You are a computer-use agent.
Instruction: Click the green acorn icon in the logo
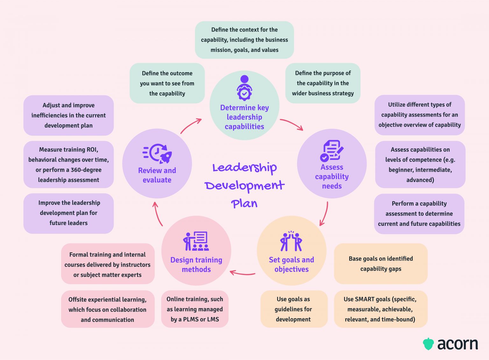click(428, 344)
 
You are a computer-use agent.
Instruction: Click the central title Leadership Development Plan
click(244, 185)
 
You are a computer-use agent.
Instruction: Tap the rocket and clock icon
click(157, 153)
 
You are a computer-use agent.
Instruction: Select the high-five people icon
click(291, 241)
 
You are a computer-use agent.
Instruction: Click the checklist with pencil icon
click(332, 150)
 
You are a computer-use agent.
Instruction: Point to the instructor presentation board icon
click(196, 241)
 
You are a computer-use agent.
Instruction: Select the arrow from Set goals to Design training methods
click(242, 273)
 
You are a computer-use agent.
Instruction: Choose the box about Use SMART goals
click(380, 309)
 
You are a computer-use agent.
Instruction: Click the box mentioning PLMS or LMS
click(195, 309)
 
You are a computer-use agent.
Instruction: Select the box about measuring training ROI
click(68, 165)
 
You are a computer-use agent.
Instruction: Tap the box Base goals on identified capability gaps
click(380, 264)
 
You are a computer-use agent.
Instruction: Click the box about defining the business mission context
click(244, 40)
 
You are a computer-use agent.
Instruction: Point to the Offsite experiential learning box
click(108, 309)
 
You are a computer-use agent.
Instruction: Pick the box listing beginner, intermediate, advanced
click(420, 165)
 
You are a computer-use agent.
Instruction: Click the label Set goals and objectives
click(291, 264)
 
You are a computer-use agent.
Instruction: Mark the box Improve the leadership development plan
click(68, 213)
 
